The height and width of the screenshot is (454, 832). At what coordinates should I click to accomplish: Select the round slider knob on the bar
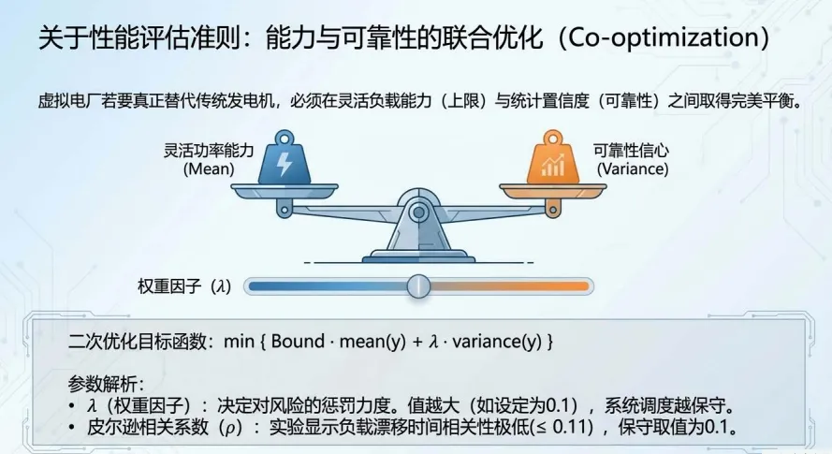(x=417, y=286)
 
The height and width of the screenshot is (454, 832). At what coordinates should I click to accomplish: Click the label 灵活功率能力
(x=209, y=150)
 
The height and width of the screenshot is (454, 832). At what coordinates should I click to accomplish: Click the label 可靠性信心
(x=632, y=150)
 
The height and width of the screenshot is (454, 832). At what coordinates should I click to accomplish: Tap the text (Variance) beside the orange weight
(x=633, y=169)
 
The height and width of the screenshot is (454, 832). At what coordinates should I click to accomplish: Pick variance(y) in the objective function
(x=497, y=342)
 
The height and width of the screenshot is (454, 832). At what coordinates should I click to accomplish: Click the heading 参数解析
(x=104, y=385)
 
